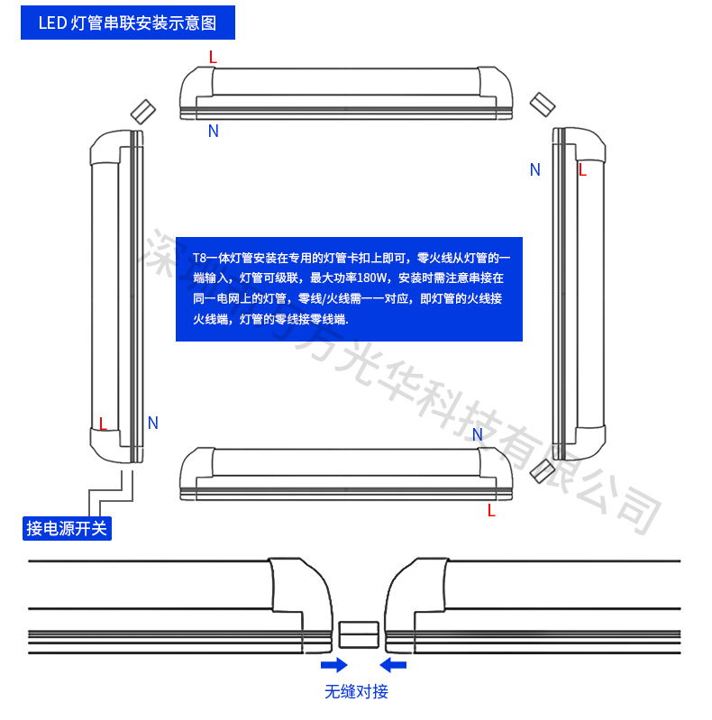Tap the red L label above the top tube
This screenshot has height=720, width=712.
213,57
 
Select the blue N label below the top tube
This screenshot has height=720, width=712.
214,131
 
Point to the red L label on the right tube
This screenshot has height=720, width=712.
582,169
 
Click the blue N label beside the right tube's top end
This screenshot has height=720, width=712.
535,169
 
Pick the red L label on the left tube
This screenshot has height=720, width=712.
103,424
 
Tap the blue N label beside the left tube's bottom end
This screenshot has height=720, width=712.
153,423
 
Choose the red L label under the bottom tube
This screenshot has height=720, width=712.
491,511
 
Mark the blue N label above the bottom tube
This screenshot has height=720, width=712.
478,435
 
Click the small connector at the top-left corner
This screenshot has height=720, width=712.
143,111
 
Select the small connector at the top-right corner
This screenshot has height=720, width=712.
541,102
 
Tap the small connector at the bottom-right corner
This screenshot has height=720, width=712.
543,470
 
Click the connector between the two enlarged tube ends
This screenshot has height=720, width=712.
358,633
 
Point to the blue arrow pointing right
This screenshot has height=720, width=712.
333,665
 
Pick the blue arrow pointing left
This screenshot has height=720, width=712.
393,665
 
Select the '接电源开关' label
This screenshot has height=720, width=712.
67,528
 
